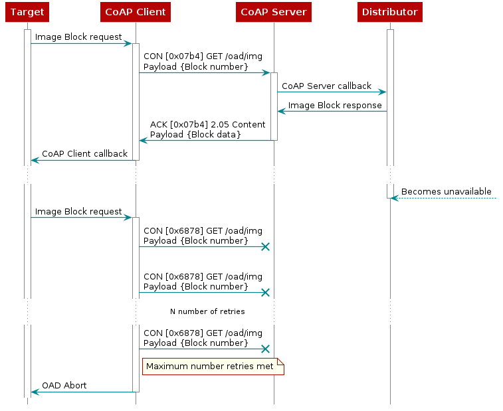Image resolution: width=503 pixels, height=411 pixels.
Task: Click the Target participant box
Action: pyautogui.click(x=27, y=13)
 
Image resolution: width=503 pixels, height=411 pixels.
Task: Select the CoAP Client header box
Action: pyautogui.click(x=136, y=13)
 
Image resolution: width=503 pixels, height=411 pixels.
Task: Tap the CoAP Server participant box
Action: pyautogui.click(x=273, y=13)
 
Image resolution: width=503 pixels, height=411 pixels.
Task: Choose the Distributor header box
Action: pyautogui.click(x=389, y=13)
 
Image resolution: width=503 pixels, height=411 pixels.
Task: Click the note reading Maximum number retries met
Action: pyautogui.click(x=213, y=367)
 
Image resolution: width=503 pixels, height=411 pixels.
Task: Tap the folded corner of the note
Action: pyautogui.click(x=280, y=362)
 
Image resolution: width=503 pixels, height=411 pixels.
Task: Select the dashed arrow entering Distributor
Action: pyautogui.click(x=445, y=198)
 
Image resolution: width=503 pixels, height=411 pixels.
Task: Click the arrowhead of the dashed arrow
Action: pyautogui.click(x=395, y=198)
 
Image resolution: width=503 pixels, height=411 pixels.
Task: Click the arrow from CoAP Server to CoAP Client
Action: pyautogui.click(x=206, y=140)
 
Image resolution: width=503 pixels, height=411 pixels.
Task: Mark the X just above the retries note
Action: pyautogui.click(x=265, y=349)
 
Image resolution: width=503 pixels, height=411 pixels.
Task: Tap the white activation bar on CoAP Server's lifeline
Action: pyautogui.click(x=274, y=106)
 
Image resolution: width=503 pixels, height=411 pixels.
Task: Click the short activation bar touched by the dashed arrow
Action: pyautogui.click(x=390, y=191)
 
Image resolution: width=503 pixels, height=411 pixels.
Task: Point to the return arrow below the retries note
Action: pyautogui.click(x=83, y=392)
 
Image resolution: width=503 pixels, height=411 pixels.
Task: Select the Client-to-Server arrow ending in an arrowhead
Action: pyautogui.click(x=203, y=72)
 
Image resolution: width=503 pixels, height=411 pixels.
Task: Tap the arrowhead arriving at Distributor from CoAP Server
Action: pyautogui.click(x=383, y=92)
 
